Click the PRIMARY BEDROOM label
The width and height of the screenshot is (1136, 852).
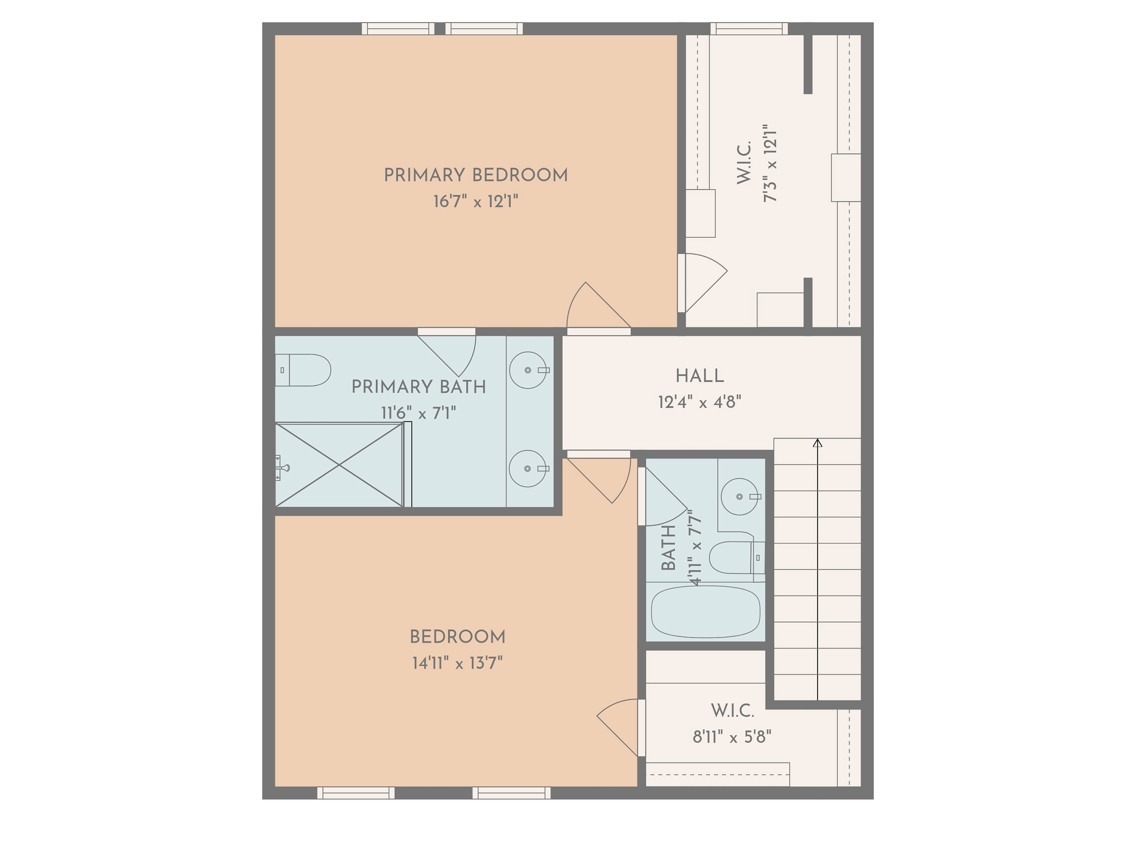(x=476, y=175)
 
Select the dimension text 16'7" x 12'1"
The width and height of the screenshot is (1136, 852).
(x=476, y=201)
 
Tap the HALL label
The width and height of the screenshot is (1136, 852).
(x=699, y=376)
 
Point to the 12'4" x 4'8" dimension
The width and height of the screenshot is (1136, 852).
(x=699, y=402)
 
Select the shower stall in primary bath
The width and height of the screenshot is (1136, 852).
(x=339, y=465)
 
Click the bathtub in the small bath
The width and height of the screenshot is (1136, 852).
(x=706, y=612)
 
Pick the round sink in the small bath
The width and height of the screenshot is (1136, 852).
(x=739, y=496)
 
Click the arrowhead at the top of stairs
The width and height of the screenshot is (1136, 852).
(x=818, y=443)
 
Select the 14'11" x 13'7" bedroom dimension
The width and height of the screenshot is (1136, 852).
(x=457, y=663)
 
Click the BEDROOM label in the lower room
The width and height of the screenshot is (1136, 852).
(x=457, y=637)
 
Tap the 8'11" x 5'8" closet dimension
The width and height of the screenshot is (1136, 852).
(x=732, y=737)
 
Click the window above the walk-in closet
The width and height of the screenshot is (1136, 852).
(x=749, y=29)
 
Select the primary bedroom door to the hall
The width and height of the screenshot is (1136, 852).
(x=599, y=308)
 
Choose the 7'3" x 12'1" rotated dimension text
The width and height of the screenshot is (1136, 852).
(x=769, y=163)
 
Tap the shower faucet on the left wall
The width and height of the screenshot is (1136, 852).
(x=282, y=467)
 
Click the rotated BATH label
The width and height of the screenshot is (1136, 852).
(x=668, y=548)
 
